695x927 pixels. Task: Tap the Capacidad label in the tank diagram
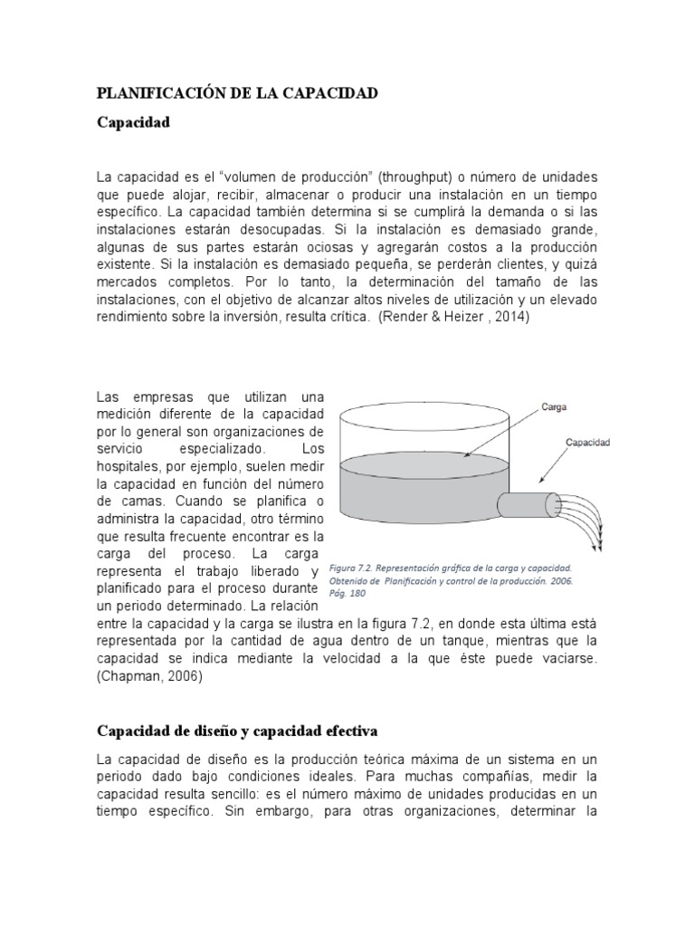(x=587, y=444)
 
